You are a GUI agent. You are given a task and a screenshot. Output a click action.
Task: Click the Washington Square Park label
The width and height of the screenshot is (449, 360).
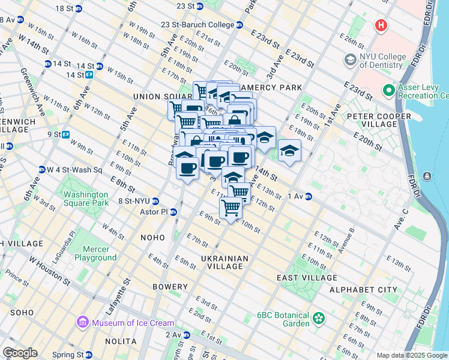[86, 199]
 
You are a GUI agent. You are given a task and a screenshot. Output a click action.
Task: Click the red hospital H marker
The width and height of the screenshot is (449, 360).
[381, 26]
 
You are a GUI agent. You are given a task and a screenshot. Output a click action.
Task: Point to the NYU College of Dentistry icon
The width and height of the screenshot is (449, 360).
[350, 60]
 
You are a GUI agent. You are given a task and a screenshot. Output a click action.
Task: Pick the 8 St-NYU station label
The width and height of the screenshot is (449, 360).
[137, 201]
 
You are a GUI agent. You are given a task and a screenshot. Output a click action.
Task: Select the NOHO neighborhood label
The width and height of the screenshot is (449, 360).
[152, 238]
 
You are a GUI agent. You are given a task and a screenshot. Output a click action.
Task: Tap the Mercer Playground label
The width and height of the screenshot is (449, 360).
[95, 253]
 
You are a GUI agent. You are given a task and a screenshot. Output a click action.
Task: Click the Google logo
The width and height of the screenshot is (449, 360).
[19, 353]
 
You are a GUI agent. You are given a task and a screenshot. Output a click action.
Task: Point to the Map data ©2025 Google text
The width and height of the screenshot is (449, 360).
[412, 355]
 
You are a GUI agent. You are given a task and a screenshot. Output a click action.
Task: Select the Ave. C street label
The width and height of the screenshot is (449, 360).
[400, 213]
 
